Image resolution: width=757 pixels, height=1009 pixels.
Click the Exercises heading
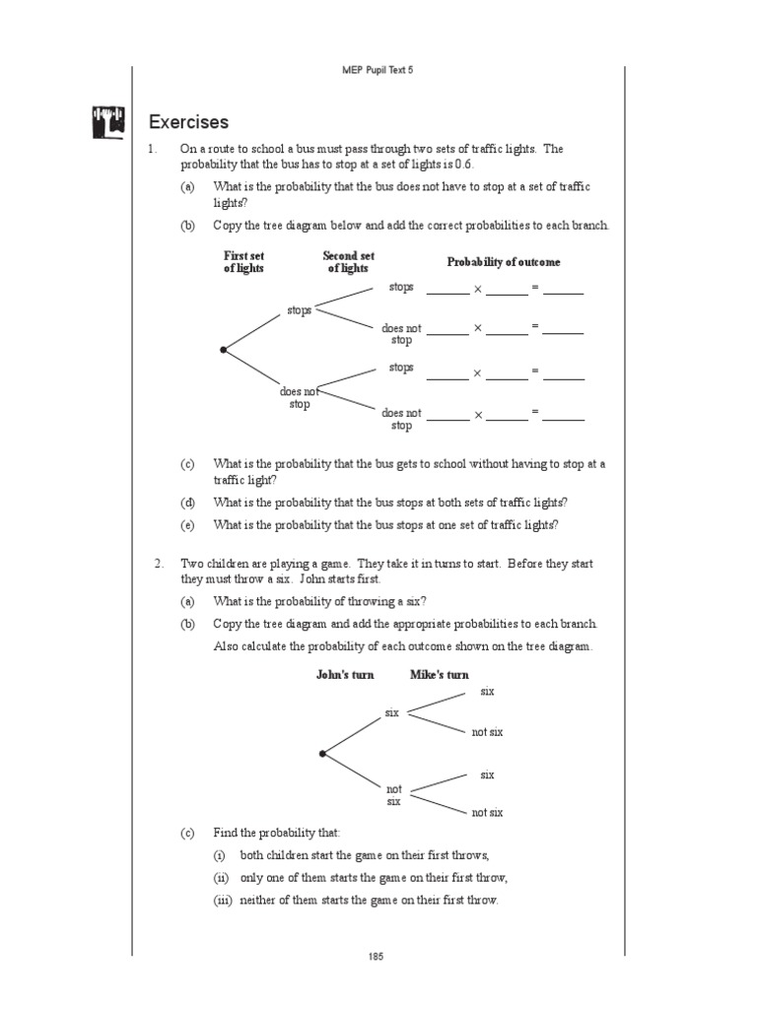tap(188, 122)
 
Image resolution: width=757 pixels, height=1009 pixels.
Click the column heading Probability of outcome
tap(504, 262)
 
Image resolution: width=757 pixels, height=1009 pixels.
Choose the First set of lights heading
tap(243, 262)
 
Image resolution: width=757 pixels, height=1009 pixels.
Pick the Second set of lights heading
tap(348, 262)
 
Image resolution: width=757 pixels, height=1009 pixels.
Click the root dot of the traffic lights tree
tap(224, 350)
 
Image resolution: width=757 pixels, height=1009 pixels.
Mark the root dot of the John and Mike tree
tap(322, 754)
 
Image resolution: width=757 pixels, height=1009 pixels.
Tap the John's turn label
tap(345, 675)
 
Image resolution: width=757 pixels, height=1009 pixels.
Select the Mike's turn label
tap(440, 675)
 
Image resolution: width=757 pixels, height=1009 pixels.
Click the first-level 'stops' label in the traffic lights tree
tap(299, 310)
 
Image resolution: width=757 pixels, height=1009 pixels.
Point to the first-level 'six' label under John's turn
tap(391, 712)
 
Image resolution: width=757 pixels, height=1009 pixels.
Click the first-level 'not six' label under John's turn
tap(394, 795)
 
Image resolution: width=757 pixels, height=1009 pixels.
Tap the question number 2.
tap(157, 564)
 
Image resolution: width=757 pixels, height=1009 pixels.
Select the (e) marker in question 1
tap(187, 525)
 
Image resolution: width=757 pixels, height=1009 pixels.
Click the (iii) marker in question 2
tap(223, 901)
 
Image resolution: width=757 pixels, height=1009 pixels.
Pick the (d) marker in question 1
tap(187, 503)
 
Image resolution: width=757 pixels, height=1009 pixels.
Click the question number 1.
tap(153, 149)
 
